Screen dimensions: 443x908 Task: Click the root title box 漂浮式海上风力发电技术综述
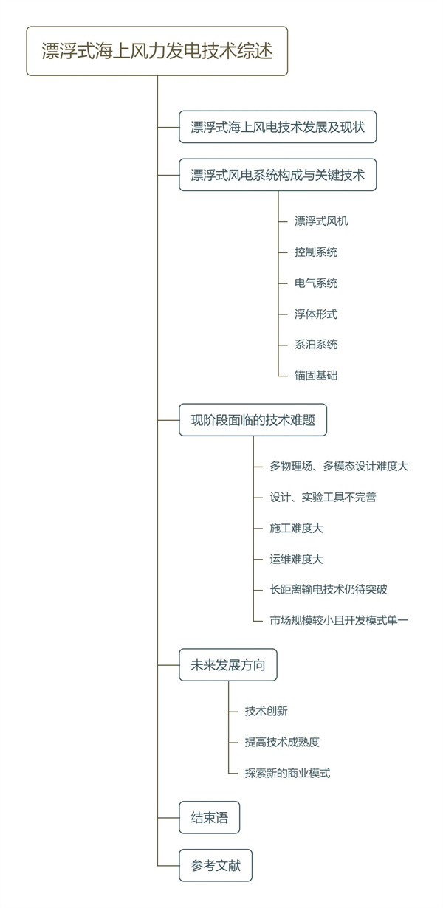pos(157,51)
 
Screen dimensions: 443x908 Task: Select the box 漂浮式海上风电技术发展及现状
pos(278,127)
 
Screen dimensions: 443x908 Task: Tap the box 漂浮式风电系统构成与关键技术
pos(278,175)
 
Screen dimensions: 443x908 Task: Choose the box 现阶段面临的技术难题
pos(253,420)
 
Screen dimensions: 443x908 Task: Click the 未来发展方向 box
pos(228,665)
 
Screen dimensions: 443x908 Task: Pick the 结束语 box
pos(210,817)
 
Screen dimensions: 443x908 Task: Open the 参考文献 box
pos(216,865)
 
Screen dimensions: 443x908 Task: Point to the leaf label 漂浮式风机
pos(321,221)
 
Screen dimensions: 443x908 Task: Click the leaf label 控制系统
pos(316,252)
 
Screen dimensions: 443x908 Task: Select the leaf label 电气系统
pos(316,283)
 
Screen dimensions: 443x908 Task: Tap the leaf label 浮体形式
pos(316,314)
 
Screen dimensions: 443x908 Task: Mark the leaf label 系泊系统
pos(316,345)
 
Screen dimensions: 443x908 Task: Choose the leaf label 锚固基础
pos(316,375)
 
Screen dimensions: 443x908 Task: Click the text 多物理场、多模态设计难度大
pos(339,466)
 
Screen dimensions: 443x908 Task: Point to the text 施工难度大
pos(296,528)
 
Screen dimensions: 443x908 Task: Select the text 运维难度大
pos(296,559)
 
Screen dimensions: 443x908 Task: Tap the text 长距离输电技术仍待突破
pos(329,589)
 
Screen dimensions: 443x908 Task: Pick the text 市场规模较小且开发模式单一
pos(339,620)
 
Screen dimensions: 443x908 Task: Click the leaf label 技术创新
pos(266,711)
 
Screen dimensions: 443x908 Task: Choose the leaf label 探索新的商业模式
pos(287,773)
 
